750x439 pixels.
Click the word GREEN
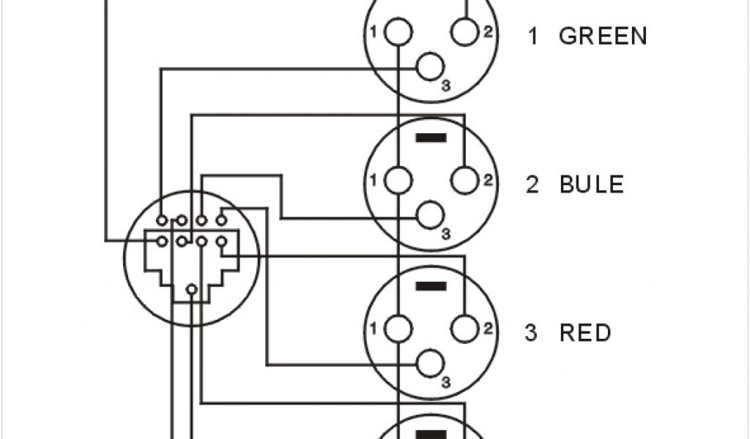603,36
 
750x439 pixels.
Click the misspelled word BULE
592,184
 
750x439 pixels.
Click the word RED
585,333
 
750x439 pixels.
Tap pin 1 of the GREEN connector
398,32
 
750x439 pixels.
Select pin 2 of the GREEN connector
465,31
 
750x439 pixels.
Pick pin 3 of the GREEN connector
431,68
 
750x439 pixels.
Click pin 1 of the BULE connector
398,180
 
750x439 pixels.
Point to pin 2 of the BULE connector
465,180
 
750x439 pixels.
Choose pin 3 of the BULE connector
431,217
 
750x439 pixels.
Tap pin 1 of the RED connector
398,329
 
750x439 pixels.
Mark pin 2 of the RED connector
465,329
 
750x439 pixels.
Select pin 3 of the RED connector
431,364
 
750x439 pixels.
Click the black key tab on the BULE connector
431,137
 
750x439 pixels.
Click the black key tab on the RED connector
431,285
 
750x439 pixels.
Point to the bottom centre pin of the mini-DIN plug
191,290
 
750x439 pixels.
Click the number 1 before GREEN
533,36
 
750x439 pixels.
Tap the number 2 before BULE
532,184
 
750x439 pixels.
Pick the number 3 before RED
532,333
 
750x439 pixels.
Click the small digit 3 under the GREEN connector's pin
446,86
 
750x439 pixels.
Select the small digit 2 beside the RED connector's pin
488,329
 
